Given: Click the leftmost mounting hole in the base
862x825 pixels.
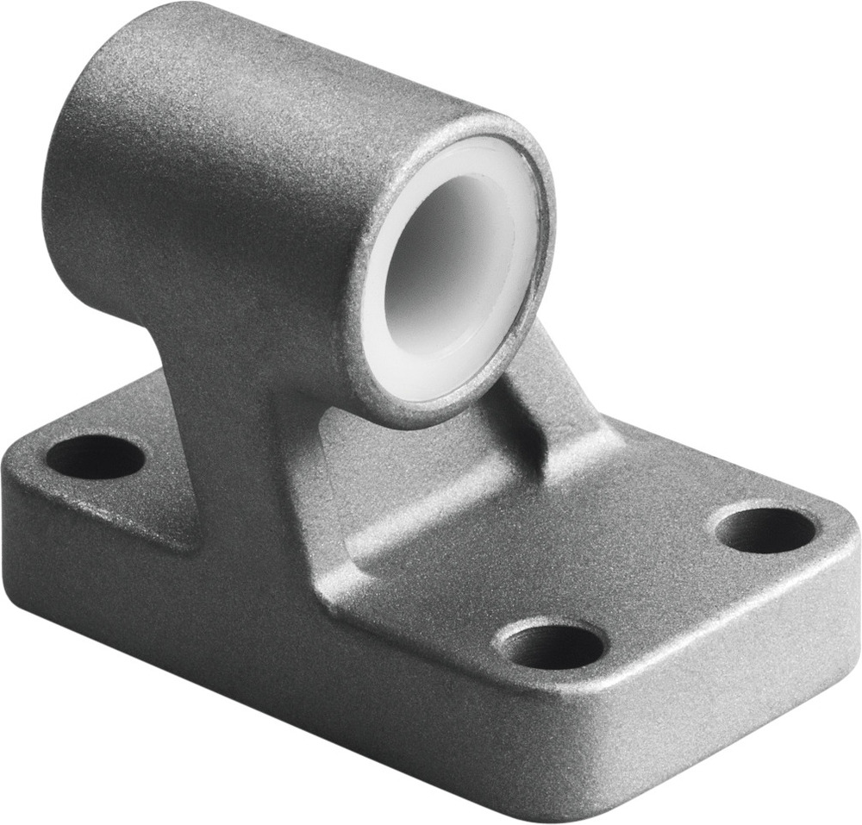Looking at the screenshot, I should pyautogui.click(x=94, y=457).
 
